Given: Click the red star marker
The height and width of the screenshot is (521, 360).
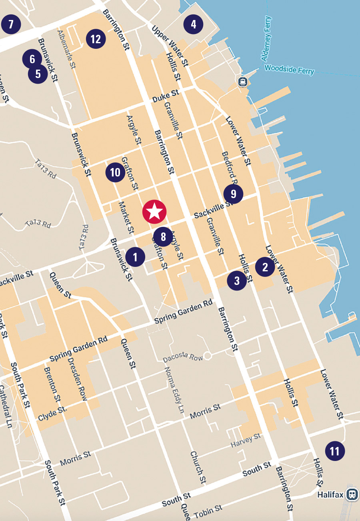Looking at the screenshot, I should click(154, 211).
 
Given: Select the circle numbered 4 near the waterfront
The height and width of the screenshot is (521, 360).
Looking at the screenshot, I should click(194, 24).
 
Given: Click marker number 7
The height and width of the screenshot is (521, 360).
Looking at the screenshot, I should click(11, 24).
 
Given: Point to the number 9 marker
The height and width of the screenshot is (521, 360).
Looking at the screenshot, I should click(233, 194).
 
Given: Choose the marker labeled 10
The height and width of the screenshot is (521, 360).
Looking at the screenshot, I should click(115, 172).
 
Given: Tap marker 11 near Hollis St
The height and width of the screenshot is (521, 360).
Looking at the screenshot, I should click(335, 451).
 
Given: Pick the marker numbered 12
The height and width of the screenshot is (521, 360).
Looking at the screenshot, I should click(96, 39).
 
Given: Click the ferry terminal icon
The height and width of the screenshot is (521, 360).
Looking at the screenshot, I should click(243, 82).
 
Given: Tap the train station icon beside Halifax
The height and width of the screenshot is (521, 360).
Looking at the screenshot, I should click(352, 493).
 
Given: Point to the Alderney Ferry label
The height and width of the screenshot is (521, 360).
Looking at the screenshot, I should click(267, 38).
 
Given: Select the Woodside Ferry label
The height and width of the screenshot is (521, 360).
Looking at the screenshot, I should click(289, 70).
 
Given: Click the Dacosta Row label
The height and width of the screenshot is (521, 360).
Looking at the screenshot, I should click(183, 358).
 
